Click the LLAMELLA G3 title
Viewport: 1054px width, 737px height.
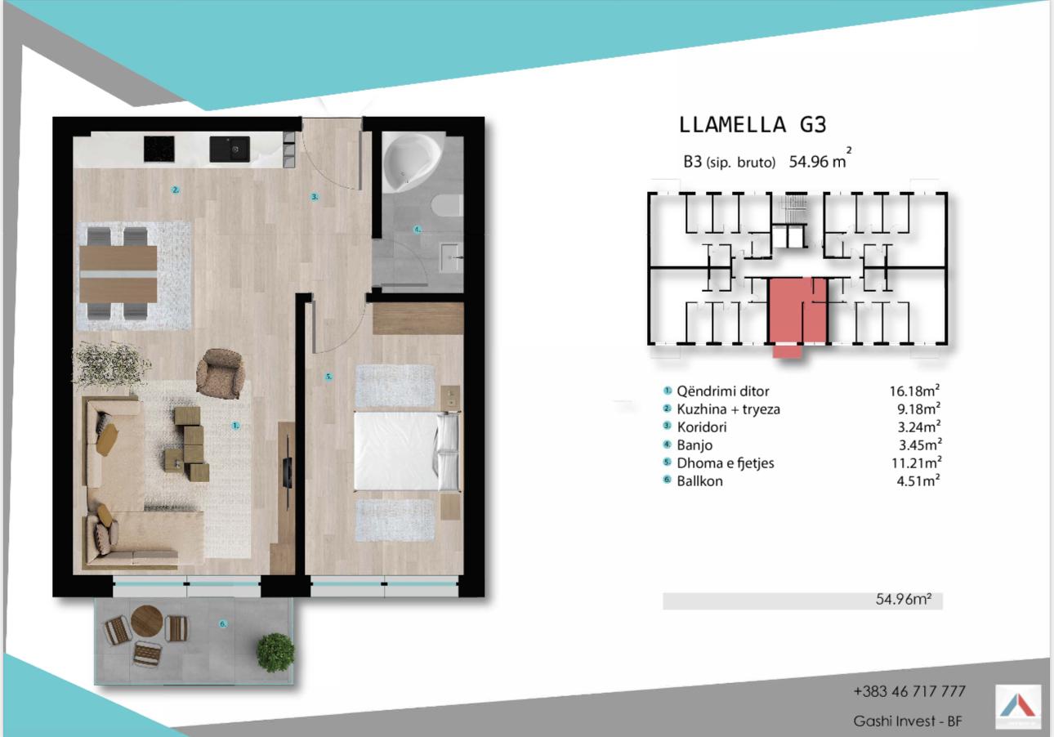(753, 125)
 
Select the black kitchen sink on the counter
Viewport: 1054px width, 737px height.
(230, 150)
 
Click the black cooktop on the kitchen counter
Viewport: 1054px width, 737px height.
(159, 149)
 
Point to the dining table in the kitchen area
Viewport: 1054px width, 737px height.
(118, 274)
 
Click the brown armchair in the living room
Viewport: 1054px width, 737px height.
(221, 373)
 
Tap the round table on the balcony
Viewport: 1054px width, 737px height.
(147, 621)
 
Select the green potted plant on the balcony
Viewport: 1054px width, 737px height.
(275, 653)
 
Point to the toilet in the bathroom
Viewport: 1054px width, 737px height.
(447, 206)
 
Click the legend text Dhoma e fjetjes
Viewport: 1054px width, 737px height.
(725, 463)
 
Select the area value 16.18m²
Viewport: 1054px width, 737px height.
(914, 391)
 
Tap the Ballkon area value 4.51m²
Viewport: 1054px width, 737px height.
(918, 481)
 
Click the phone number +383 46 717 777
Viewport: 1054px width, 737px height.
(909, 691)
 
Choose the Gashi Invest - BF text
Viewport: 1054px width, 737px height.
(908, 721)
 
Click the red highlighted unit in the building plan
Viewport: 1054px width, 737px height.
(797, 313)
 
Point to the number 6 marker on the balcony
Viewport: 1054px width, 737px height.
(223, 624)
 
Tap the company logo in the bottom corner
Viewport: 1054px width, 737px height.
(1018, 708)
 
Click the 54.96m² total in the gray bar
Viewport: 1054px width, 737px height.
(904, 600)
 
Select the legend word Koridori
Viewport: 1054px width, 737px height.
(702, 427)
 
